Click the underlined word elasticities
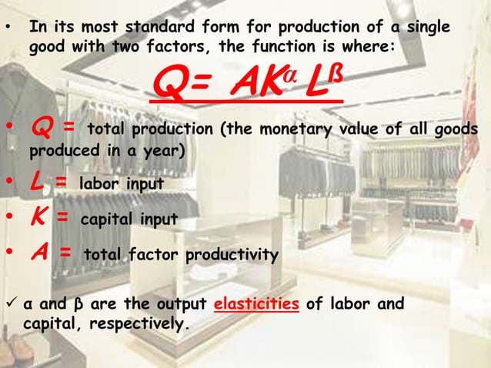point(257,304)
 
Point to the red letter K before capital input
point(37,219)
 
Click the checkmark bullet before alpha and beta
point(12,303)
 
